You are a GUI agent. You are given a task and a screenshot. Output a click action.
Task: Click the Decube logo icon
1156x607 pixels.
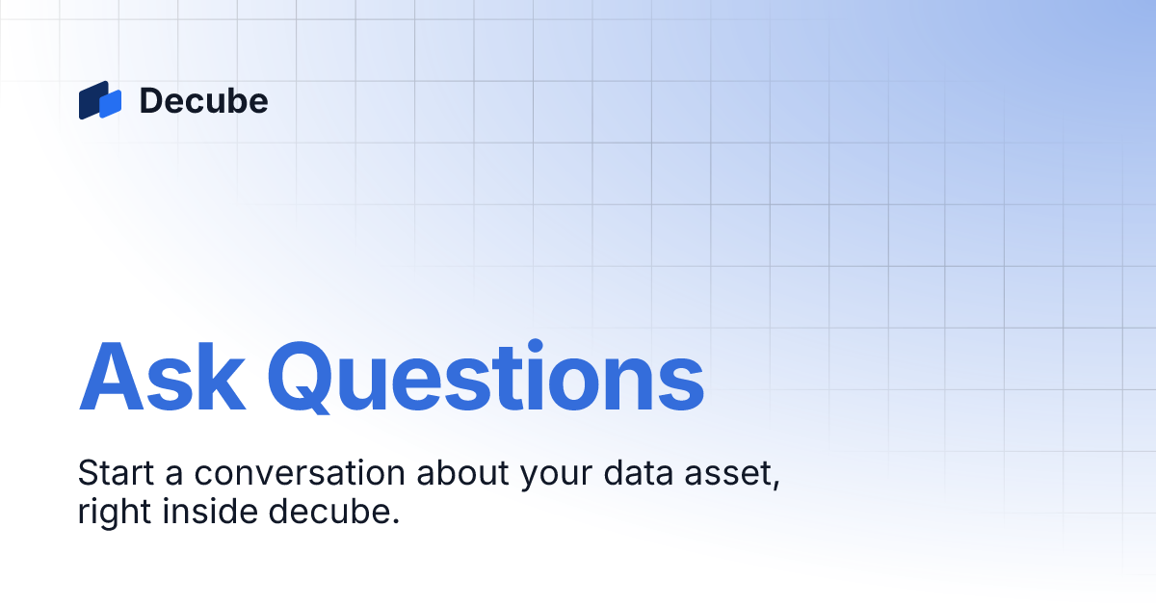coord(100,100)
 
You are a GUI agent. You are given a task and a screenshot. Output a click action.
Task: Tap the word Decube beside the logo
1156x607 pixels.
coord(203,100)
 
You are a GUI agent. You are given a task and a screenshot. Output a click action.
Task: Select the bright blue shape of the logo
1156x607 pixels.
coord(111,103)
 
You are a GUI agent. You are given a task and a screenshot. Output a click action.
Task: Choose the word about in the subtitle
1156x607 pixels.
coord(459,475)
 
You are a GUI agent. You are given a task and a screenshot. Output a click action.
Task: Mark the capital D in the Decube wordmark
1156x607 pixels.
coord(151,100)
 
